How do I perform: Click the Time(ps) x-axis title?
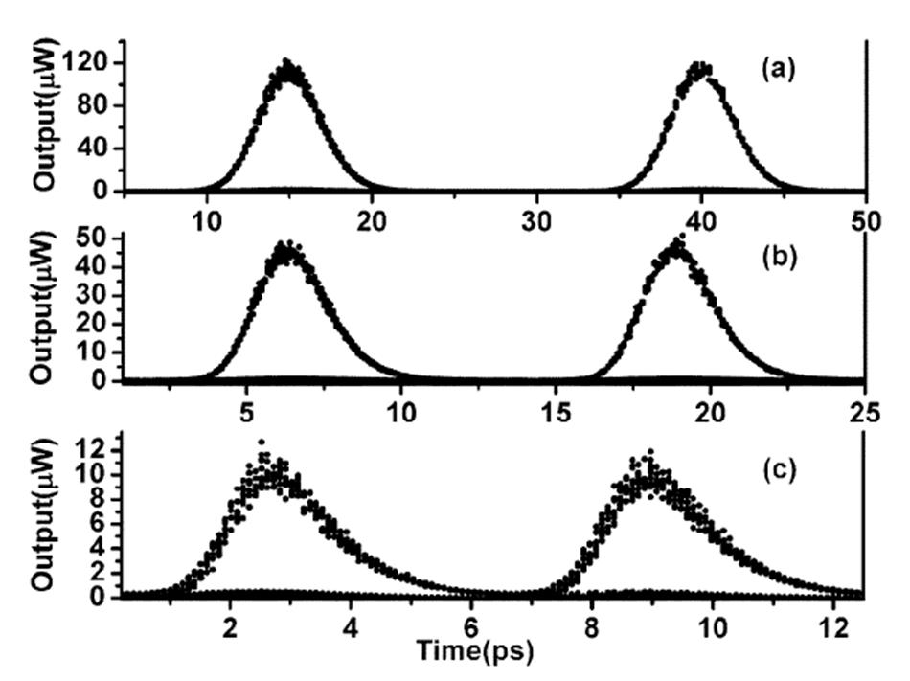(468, 650)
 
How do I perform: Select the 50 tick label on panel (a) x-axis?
(864, 220)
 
